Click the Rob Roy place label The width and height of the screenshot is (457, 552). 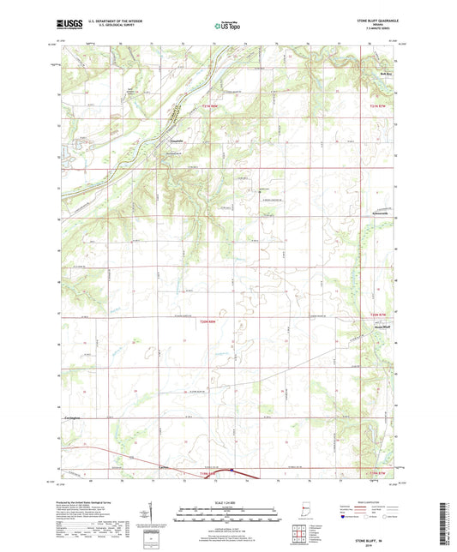click(x=386, y=75)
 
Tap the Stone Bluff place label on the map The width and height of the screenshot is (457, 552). click(x=384, y=326)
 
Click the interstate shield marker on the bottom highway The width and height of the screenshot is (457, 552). click(x=232, y=469)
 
